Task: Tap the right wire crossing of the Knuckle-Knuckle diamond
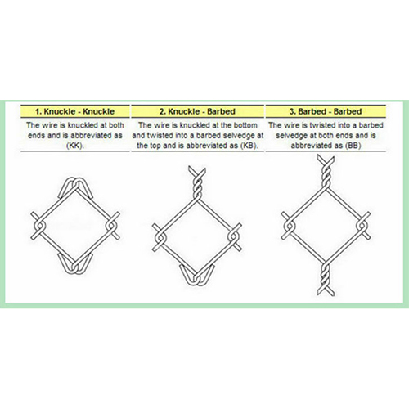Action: (x=112, y=222)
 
